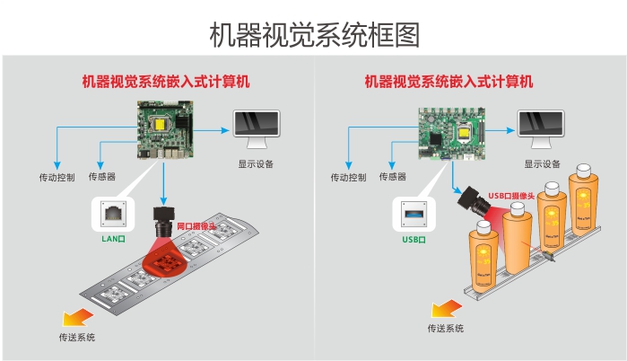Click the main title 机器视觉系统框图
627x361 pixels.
313,34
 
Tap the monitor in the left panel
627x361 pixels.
256,131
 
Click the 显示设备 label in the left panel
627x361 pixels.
256,164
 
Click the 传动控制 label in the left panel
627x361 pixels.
57,177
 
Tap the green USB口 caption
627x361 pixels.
414,241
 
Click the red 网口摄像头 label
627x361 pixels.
196,225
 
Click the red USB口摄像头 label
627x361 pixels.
513,195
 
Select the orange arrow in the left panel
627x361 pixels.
75,315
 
